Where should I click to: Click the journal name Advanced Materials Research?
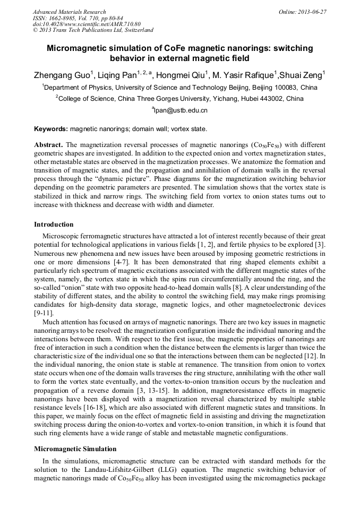click(x=69, y=12)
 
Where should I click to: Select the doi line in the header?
click(x=87, y=24)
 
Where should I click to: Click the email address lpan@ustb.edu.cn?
click(x=181, y=110)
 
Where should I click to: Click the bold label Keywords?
click(x=51, y=129)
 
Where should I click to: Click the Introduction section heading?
click(x=54, y=225)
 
